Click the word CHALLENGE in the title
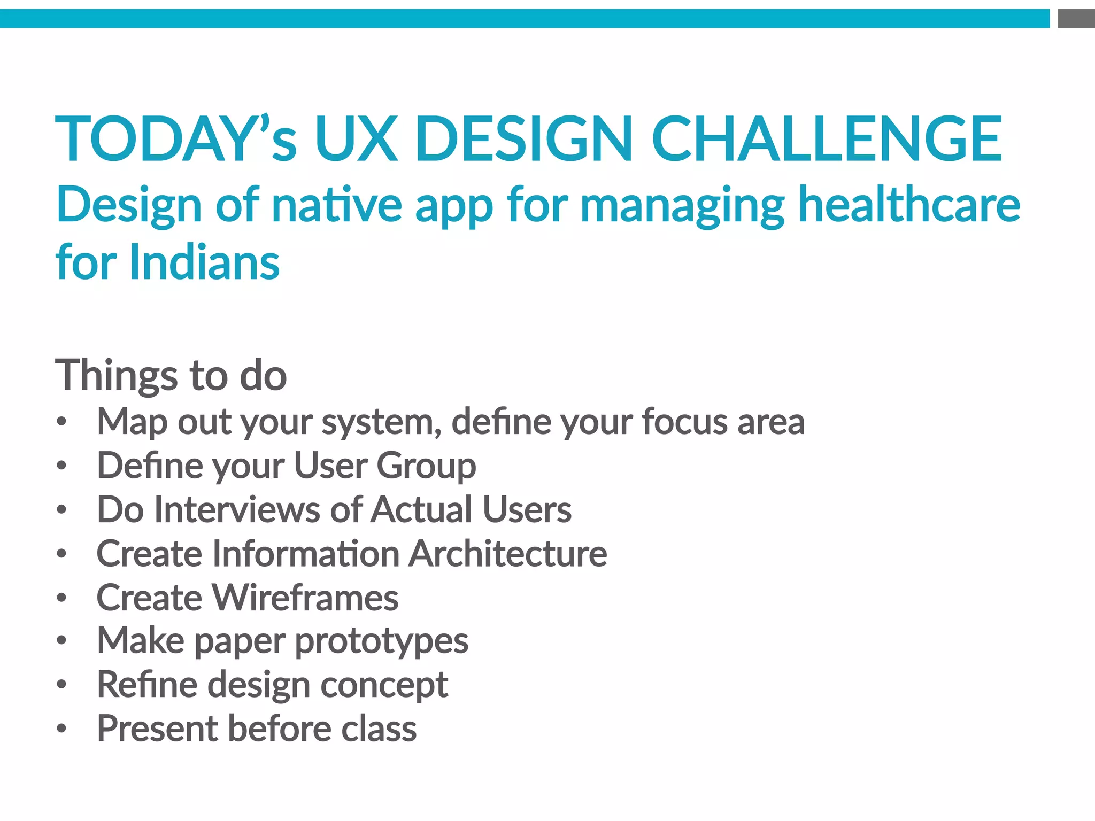coord(826,138)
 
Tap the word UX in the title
coord(356,138)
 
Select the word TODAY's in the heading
coord(176,138)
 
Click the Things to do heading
coord(171,375)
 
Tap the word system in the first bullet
coord(381,423)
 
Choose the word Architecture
coord(507,553)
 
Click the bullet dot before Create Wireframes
coord(62,597)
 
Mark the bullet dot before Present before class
coord(62,729)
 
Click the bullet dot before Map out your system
coord(62,422)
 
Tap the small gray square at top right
coord(1076,19)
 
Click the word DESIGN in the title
coord(524,138)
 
